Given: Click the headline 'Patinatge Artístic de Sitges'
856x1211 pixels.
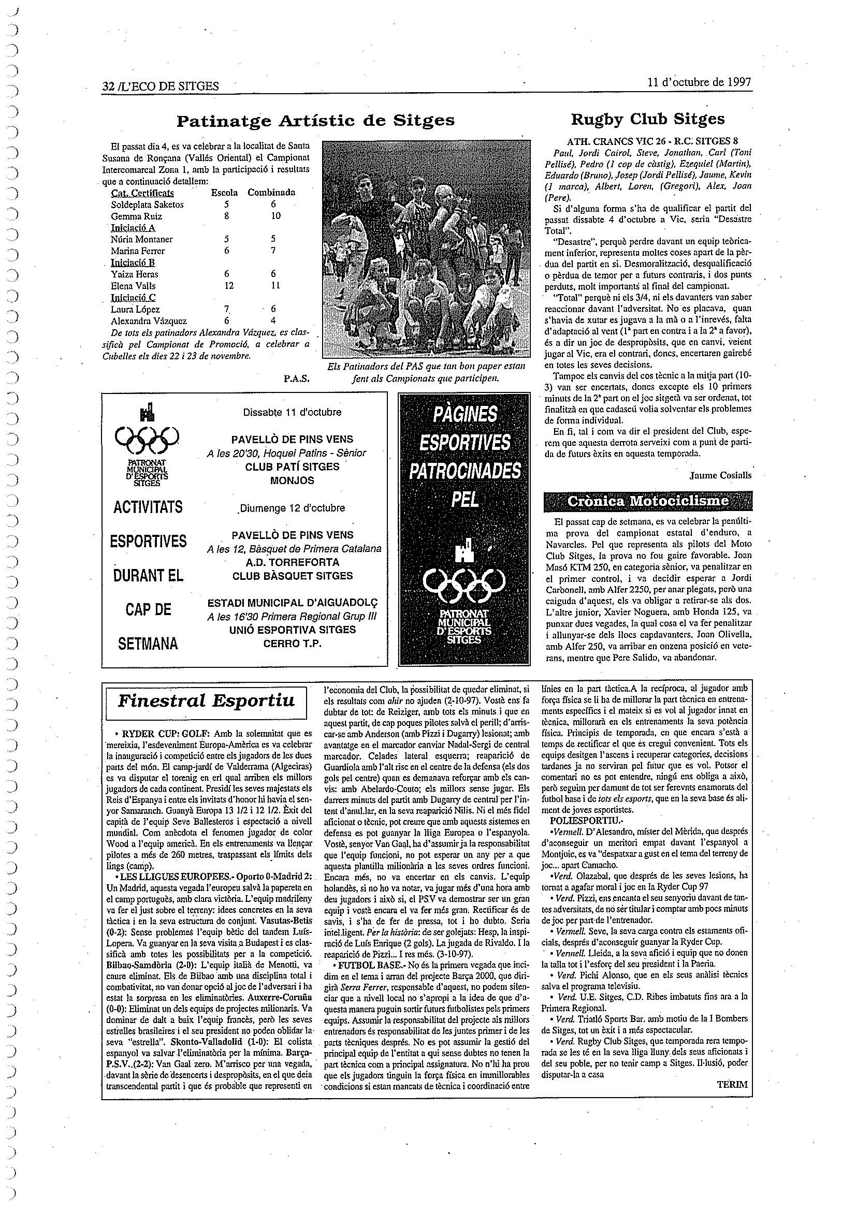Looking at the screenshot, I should pyautogui.click(x=315, y=121).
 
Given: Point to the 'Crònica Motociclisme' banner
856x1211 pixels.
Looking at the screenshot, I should pyautogui.click(x=648, y=501).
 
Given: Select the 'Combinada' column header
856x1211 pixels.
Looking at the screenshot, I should pyautogui.click(x=271, y=193).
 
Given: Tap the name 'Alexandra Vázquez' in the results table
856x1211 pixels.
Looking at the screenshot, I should pyautogui.click(x=149, y=320).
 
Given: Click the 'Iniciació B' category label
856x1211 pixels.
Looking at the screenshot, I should pyautogui.click(x=133, y=262).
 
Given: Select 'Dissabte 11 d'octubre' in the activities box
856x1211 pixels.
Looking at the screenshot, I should pyautogui.click(x=292, y=412).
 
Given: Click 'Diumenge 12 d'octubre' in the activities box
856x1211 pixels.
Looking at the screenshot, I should pyautogui.click(x=292, y=508).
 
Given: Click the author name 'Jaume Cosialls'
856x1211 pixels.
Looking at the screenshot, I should pyautogui.click(x=720, y=475).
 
